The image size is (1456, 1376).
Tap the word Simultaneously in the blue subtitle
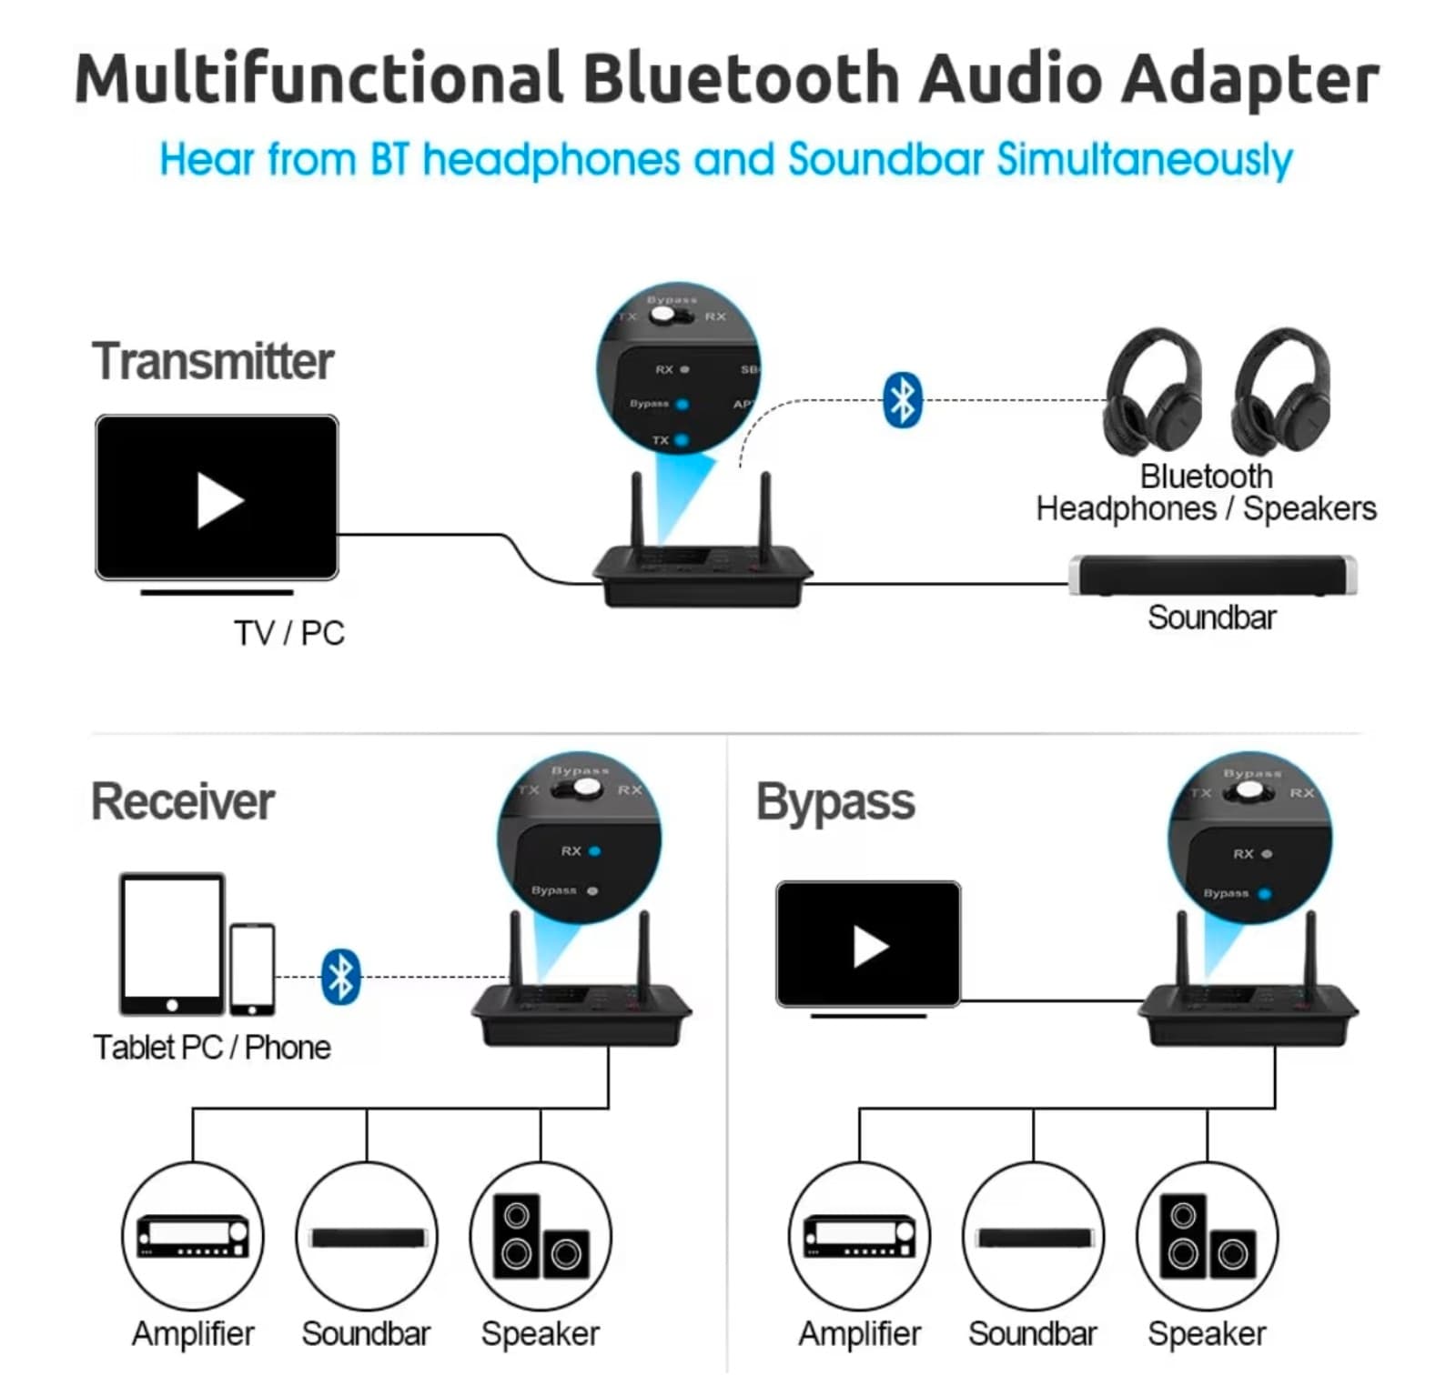point(1144,160)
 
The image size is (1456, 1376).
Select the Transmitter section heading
point(213,361)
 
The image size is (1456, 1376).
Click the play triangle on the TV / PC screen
point(219,500)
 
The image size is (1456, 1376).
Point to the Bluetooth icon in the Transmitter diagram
point(902,400)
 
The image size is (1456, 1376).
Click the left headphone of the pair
point(1152,392)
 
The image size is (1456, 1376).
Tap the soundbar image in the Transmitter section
point(1212,575)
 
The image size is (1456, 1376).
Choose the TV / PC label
point(289,633)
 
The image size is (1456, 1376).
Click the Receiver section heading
point(183,801)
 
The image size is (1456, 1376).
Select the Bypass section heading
point(835,802)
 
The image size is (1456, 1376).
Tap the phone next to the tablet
point(252,969)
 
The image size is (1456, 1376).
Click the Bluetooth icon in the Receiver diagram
point(341,977)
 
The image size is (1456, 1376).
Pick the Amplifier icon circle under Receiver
point(193,1236)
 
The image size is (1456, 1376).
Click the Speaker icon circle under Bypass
point(1207,1236)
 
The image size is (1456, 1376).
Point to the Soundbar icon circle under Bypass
point(1033,1236)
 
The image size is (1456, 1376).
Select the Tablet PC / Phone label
point(212,1048)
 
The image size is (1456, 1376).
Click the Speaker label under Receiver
point(540,1333)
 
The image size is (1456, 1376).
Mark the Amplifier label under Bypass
point(859,1333)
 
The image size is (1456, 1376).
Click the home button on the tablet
point(172,1005)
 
